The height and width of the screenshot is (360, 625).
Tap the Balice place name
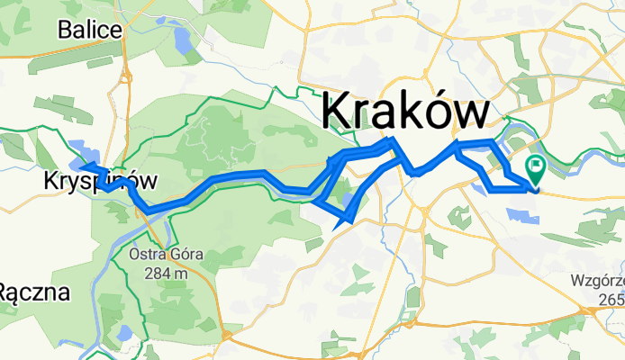click(89, 30)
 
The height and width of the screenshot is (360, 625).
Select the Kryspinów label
click(99, 182)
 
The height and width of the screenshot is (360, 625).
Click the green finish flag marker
click(536, 166)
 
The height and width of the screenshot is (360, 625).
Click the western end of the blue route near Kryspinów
click(82, 167)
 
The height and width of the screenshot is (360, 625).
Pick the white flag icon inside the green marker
click(537, 165)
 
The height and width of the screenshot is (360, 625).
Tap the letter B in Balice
click(65, 30)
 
